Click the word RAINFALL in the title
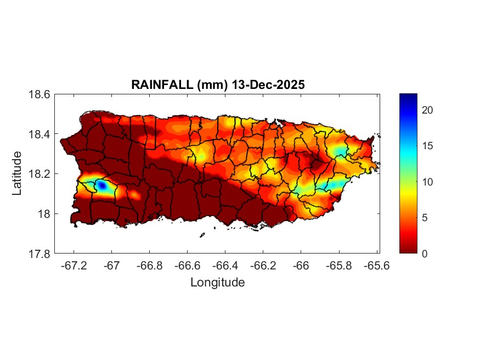(156, 85)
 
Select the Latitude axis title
(17, 173)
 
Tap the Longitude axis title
(217, 283)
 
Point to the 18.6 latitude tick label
(39, 94)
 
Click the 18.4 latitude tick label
(39, 134)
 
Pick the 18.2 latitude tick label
(39, 174)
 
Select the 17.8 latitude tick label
(39, 254)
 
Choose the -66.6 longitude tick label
(186, 265)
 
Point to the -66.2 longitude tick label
(262, 265)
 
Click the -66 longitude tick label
(301, 265)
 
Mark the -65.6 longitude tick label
(376, 265)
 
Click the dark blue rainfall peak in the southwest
(101, 185)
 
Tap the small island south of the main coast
(202, 235)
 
